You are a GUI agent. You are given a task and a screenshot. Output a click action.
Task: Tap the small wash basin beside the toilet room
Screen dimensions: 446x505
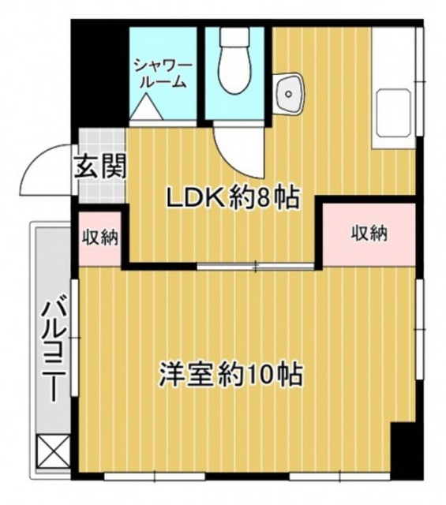coord(289,93)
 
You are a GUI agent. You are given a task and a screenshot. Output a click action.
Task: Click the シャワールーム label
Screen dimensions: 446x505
coord(163,73)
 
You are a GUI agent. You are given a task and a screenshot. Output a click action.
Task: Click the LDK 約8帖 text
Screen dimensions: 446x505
coord(233,198)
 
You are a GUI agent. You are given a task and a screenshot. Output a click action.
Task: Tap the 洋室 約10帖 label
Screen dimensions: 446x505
coord(231,374)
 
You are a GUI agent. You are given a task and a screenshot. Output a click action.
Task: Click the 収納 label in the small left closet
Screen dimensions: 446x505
coord(100,238)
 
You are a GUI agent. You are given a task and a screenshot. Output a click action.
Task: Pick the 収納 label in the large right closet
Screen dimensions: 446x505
coord(369,234)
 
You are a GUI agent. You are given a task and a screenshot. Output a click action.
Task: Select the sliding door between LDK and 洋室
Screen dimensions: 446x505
coord(256,266)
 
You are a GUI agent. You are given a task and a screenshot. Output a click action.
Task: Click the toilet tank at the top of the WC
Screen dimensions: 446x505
coord(234,38)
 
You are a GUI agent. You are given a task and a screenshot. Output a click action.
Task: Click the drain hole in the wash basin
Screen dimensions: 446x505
coord(289,94)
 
